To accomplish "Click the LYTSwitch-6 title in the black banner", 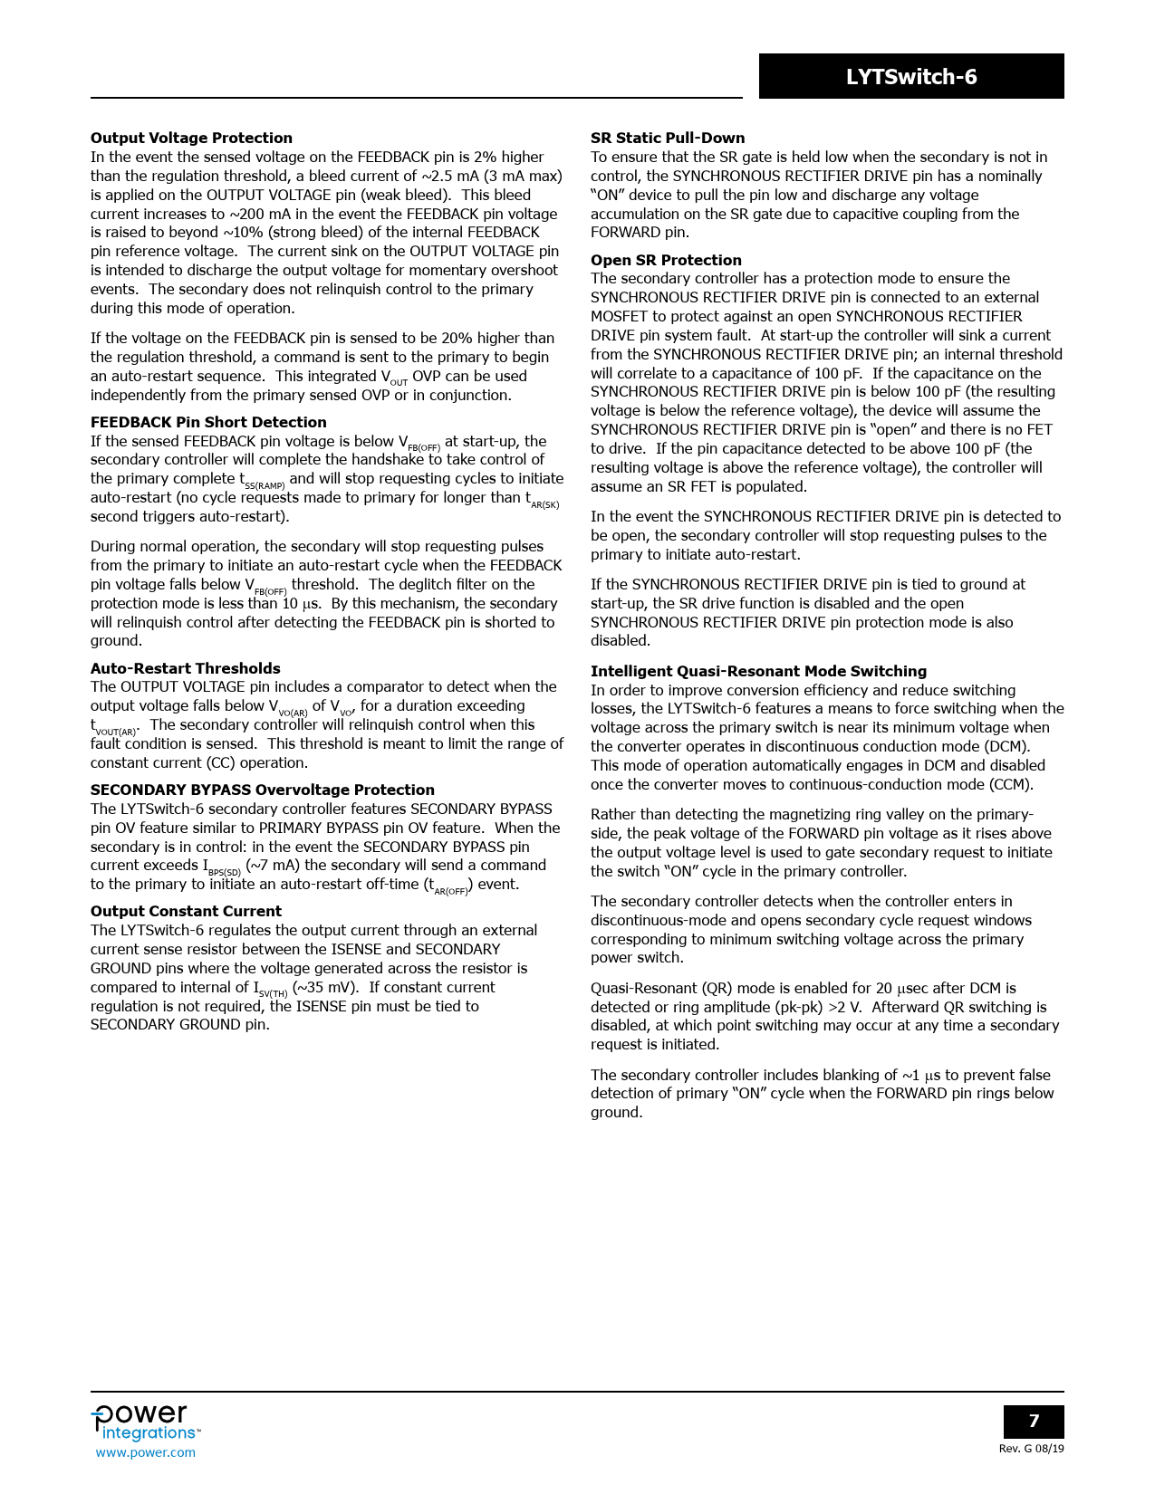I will coord(911,77).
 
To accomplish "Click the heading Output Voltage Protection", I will coord(191,138).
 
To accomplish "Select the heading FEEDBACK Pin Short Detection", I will coord(208,422).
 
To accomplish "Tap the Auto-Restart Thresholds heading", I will coord(185,668).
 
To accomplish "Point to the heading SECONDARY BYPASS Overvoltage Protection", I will coord(263,790).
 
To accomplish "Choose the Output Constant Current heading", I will coord(186,911).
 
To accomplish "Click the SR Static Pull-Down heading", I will coord(668,138).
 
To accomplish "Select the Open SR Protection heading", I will coord(666,260).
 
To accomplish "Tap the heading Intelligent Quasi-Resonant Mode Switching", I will coord(758,671).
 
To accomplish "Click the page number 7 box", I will coord(1034,1421).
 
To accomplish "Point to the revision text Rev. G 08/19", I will coord(1031,1449).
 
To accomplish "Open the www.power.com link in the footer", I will coord(145,1452).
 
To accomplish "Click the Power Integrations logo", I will coord(145,1422).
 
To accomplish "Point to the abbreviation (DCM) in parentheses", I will coord(1006,746).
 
